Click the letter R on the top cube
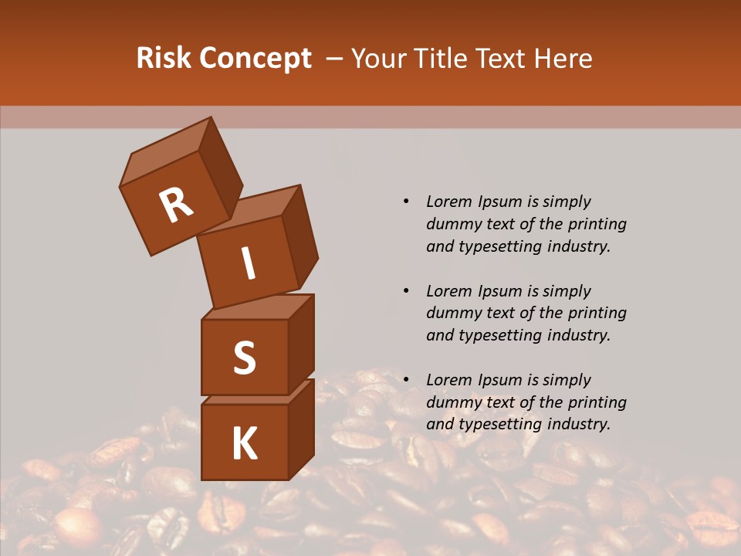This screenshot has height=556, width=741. tap(176, 205)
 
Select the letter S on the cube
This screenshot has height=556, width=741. tap(244, 358)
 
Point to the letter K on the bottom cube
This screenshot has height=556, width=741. tap(244, 444)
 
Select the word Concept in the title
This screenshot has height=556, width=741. tap(255, 59)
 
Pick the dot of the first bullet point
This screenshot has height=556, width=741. tap(406, 202)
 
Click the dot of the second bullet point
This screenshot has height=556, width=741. tap(406, 291)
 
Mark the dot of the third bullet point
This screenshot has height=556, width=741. tap(406, 380)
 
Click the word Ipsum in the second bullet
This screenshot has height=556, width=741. tap(499, 291)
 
